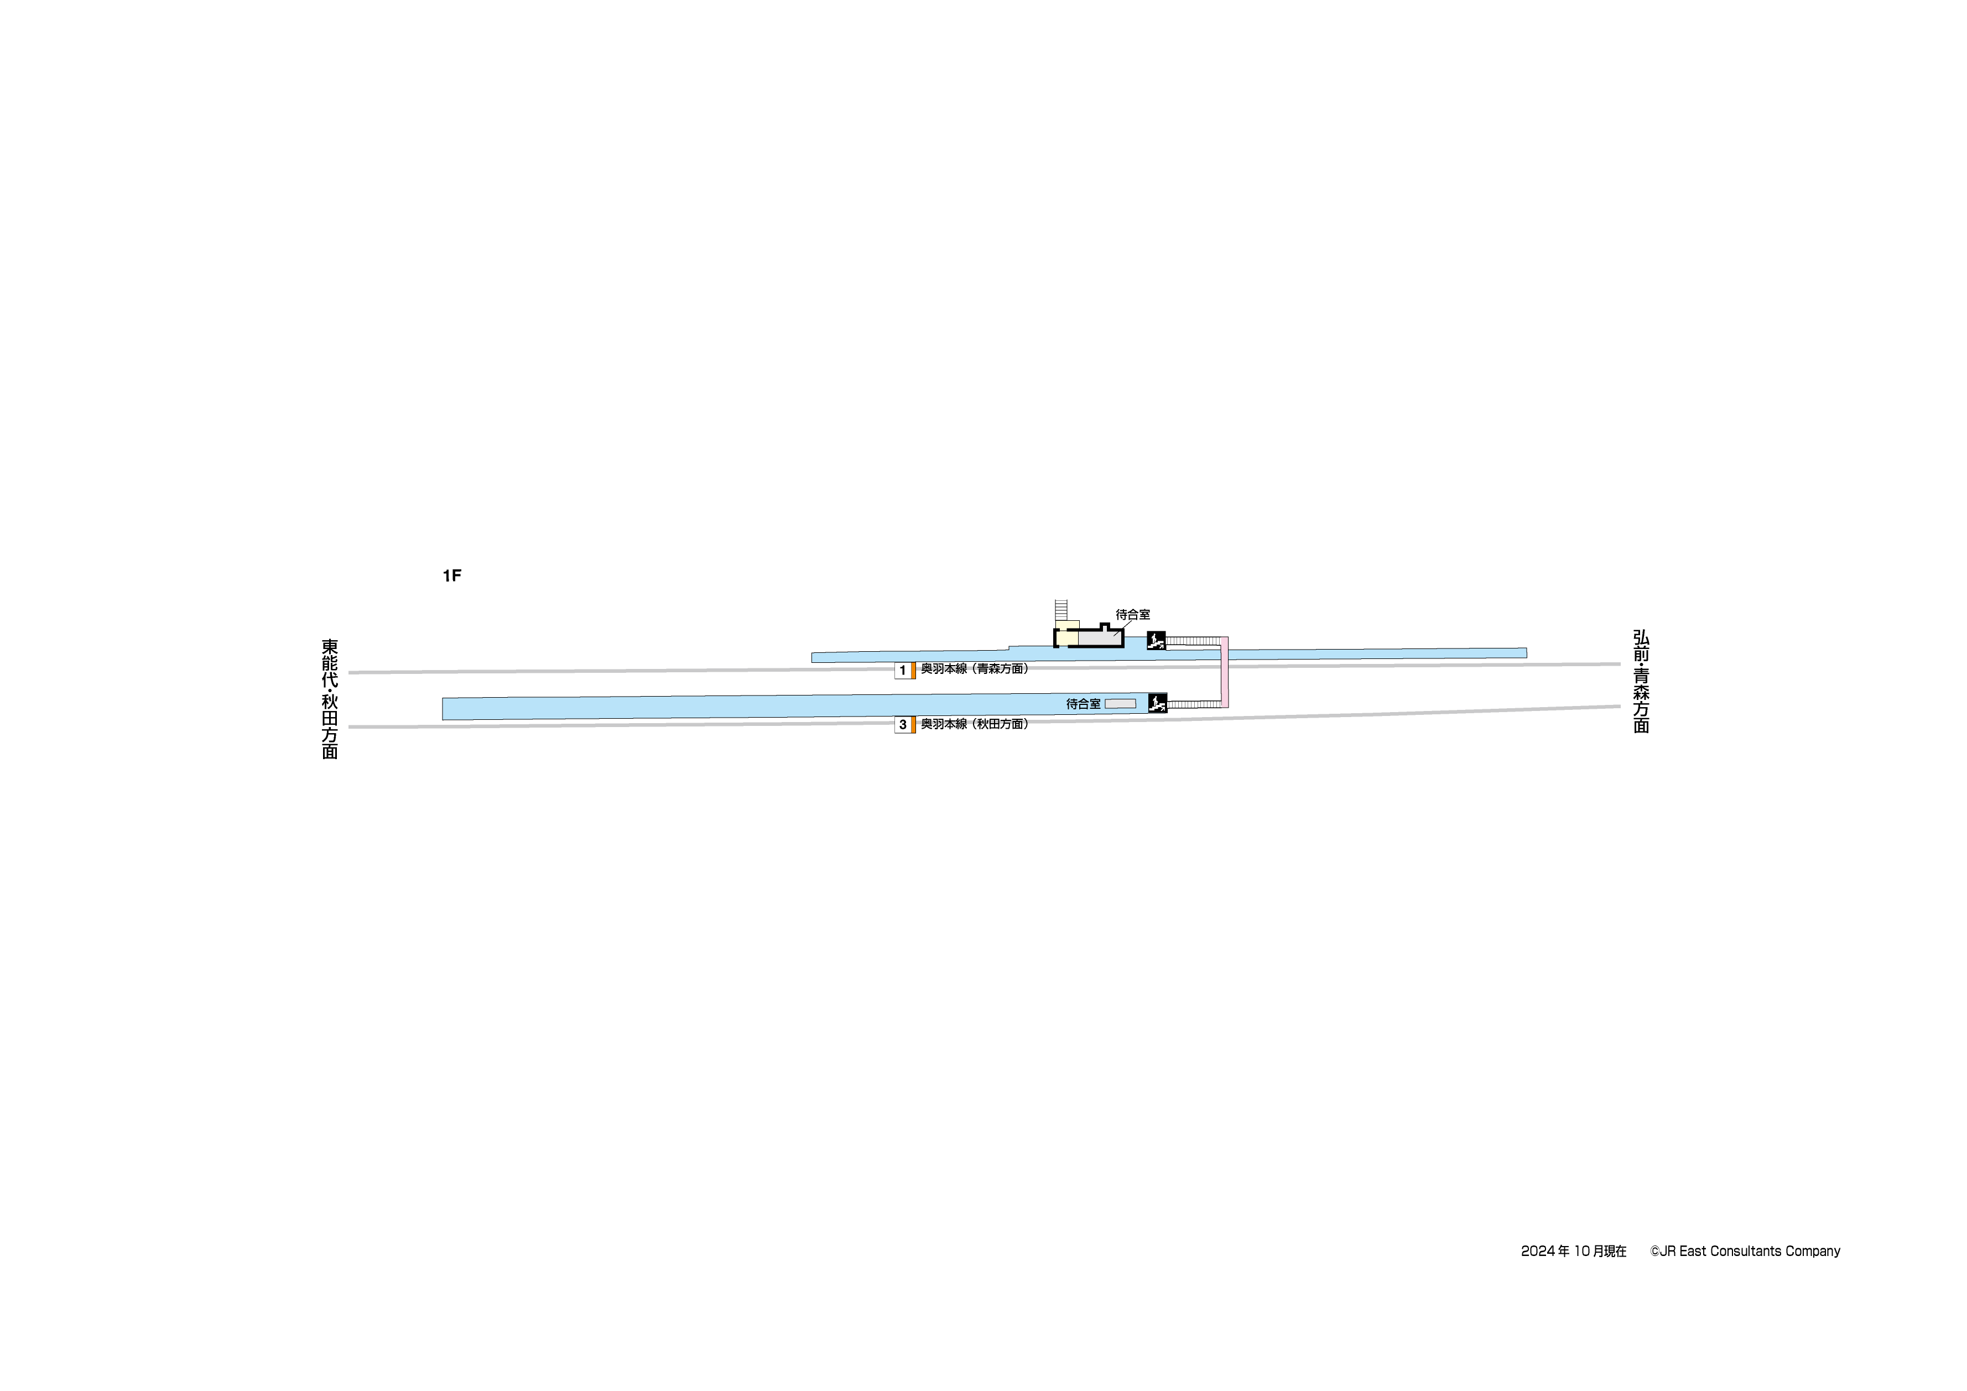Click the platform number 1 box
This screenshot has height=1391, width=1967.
[x=902, y=670]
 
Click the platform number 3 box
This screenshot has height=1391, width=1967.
[x=902, y=725]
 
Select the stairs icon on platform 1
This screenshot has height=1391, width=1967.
[x=1156, y=640]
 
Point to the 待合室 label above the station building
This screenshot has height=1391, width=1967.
[x=1132, y=615]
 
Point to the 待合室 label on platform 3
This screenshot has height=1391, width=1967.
[x=1083, y=704]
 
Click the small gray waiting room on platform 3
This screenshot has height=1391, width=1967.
[x=1120, y=704]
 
